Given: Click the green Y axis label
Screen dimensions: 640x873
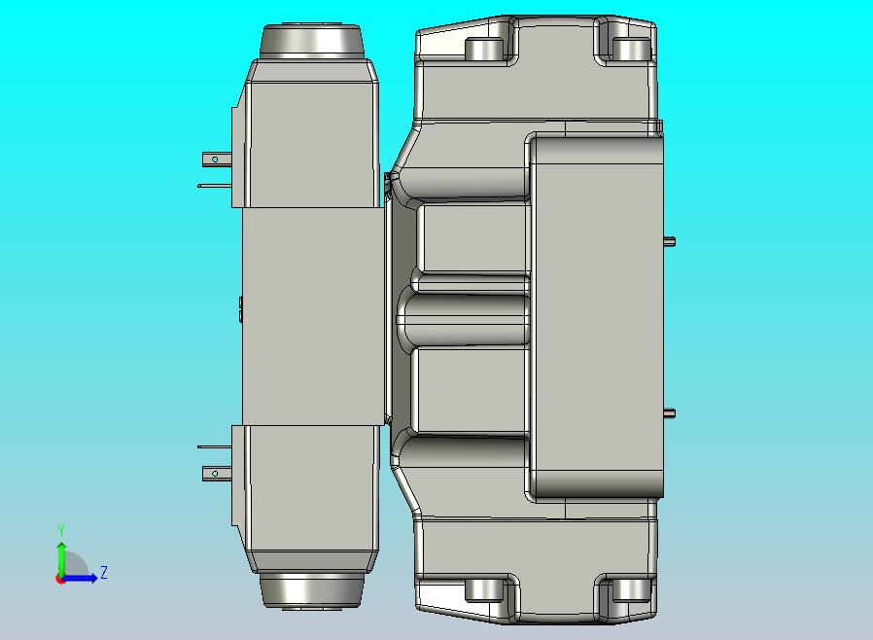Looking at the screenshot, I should tap(61, 530).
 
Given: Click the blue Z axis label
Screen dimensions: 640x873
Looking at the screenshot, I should tap(103, 573).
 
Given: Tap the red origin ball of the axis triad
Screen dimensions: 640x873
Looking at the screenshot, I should tap(60, 579).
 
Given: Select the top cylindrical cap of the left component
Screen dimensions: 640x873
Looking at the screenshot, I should tap(312, 41).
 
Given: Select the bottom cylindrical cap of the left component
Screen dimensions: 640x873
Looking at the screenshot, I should tap(312, 590).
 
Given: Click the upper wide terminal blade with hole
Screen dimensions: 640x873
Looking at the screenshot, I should tap(215, 158).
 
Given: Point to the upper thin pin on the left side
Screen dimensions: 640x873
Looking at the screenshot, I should tap(214, 185).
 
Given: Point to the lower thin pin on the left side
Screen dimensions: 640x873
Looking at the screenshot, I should tap(214, 447).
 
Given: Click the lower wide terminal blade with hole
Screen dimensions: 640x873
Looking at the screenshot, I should tap(215, 474).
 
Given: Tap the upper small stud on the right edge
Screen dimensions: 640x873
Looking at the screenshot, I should tap(669, 242).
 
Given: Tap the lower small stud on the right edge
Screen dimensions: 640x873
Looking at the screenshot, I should tap(669, 413).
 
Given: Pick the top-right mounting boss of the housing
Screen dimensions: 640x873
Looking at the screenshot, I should tap(631, 49).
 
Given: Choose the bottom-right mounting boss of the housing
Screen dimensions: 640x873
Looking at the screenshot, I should tap(631, 590).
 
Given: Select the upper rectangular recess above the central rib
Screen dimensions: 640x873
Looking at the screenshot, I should tap(472, 238).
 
